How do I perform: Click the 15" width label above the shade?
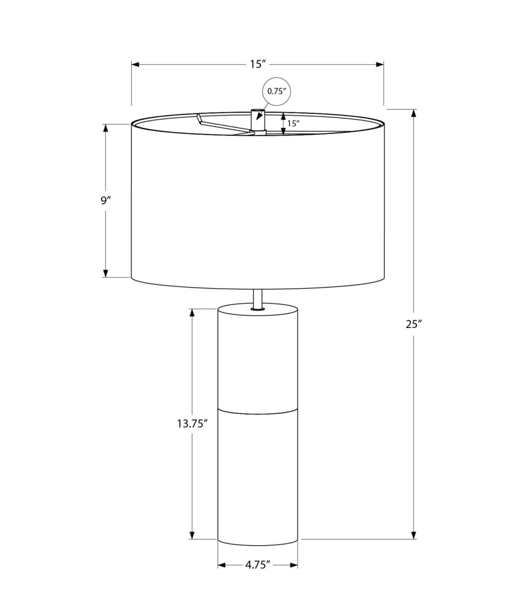[x=257, y=64]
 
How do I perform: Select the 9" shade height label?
[x=106, y=200]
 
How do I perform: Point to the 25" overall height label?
[x=413, y=324]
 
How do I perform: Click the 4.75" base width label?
[x=258, y=565]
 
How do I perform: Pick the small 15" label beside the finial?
[x=293, y=124]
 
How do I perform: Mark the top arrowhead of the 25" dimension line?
[x=414, y=113]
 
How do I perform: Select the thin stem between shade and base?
[x=258, y=298]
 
